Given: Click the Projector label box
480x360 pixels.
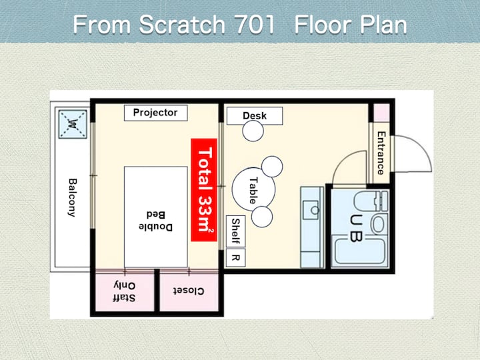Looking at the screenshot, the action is click(155, 113).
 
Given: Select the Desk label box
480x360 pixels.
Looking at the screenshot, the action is click(255, 116).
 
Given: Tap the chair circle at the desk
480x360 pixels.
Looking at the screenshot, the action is click(253, 131).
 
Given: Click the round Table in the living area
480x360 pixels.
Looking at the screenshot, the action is click(253, 189).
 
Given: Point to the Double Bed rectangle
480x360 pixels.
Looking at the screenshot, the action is click(155, 217).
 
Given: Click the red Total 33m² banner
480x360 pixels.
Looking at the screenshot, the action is click(204, 190).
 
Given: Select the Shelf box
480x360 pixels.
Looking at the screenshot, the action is click(235, 231).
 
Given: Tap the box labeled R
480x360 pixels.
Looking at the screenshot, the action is click(235, 258).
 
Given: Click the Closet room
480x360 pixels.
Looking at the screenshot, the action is click(189, 291).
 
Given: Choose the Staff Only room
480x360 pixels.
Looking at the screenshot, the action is click(125, 291).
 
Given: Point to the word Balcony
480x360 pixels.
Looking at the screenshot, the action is click(72, 198).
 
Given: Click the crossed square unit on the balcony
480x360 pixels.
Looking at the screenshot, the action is click(73, 124).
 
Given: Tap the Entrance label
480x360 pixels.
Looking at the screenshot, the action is click(381, 153).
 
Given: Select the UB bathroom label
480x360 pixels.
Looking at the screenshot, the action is click(356, 228).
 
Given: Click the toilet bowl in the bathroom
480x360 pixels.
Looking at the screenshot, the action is click(379, 223).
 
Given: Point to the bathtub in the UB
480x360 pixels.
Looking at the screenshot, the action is click(359, 251).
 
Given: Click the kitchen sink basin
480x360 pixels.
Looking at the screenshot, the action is click(311, 210).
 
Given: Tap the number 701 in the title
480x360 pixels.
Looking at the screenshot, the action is click(255, 25).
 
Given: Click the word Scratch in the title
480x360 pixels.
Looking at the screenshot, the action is click(182, 25).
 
